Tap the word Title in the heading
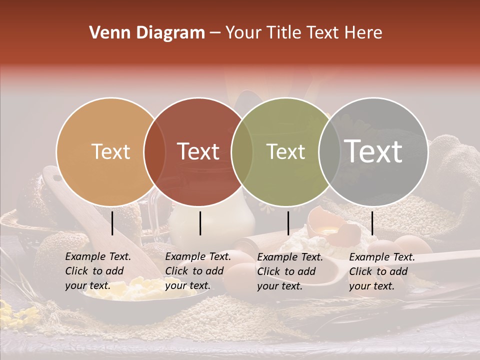point(285,33)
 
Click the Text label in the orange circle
point(110,152)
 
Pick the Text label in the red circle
point(198,152)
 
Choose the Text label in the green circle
point(285,152)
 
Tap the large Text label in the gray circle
point(373,151)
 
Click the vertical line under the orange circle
point(112,223)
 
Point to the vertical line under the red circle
point(200,223)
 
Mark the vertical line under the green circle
point(288,223)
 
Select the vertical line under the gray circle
point(372,223)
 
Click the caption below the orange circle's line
point(97,271)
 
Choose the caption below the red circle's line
point(197,271)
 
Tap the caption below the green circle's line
point(289,271)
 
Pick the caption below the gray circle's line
point(381,271)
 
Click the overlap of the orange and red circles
point(155,152)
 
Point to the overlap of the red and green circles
point(242,152)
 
